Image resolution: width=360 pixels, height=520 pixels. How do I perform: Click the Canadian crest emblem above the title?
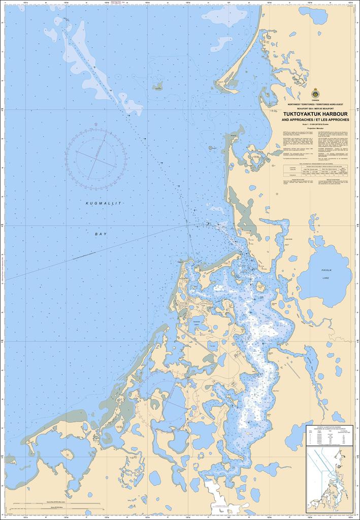315,93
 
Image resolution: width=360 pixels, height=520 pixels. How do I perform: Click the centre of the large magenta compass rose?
96,154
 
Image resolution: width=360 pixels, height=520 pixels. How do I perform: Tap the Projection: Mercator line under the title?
315,129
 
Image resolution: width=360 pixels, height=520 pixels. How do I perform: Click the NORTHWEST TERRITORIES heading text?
315,104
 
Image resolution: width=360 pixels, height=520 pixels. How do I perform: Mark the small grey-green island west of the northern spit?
158,86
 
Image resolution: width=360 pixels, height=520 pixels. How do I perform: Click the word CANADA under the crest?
315,101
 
